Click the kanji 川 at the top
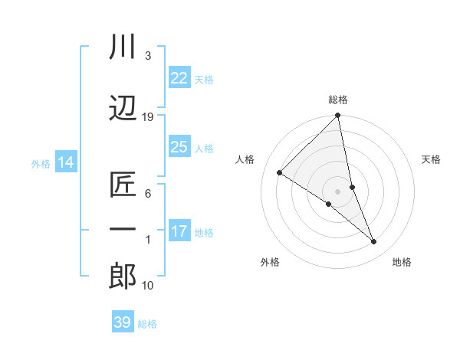[123, 47]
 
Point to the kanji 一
[123, 229]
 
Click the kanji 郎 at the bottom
[123, 277]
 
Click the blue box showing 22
[179, 77]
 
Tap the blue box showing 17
[179, 231]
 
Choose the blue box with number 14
[65, 162]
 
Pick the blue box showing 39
[123, 322]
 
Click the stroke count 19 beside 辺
[148, 116]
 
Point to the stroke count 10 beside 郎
[148, 286]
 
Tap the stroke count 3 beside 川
[148, 56]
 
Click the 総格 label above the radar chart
[338, 100]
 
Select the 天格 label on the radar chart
[431, 159]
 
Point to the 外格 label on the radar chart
[270, 262]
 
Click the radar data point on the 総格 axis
[338, 116]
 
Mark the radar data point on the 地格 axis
[374, 242]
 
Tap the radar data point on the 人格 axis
[280, 173]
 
